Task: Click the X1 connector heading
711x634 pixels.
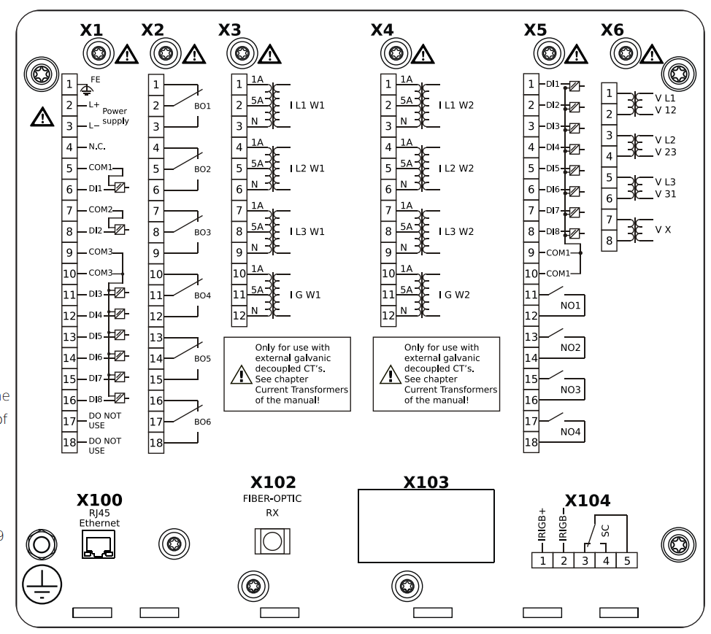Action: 91,31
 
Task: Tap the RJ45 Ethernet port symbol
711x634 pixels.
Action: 99,544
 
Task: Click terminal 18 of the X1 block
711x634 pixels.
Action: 69,444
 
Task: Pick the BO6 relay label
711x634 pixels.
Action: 202,422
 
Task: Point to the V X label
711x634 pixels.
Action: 663,229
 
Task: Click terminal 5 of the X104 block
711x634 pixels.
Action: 626,561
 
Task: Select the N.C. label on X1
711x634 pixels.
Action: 98,147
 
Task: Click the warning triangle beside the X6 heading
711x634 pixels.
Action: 650,54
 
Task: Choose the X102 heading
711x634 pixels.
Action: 273,483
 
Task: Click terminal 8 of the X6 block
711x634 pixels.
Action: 610,239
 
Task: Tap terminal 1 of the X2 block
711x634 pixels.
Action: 156,85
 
